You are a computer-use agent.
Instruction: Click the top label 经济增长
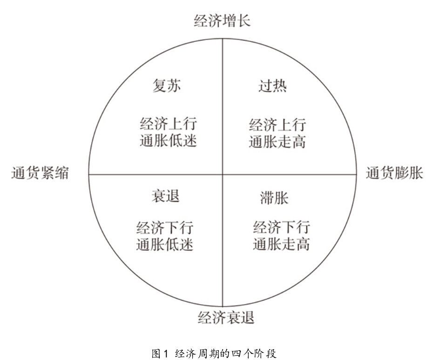222,21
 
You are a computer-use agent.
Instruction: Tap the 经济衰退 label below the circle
226,317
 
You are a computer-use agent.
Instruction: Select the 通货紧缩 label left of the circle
40,173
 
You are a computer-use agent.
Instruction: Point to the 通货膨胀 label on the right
394,173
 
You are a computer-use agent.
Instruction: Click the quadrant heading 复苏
167,86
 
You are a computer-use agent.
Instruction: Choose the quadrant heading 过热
272,86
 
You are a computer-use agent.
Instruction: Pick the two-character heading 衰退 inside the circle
165,196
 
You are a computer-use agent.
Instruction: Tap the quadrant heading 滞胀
274,198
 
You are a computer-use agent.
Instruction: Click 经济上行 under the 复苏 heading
168,124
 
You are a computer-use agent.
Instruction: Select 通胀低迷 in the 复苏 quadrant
168,140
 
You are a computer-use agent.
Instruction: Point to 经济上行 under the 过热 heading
277,125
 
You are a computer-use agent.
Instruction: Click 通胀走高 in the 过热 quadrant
277,142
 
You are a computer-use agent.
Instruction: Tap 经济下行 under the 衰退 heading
164,227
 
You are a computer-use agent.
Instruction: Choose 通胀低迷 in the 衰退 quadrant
164,245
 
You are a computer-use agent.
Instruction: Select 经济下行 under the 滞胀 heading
281,227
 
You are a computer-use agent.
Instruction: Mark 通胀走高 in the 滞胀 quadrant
281,244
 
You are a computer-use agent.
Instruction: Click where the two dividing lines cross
223,174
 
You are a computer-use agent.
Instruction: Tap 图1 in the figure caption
160,353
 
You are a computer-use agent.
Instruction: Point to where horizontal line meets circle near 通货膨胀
356,174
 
